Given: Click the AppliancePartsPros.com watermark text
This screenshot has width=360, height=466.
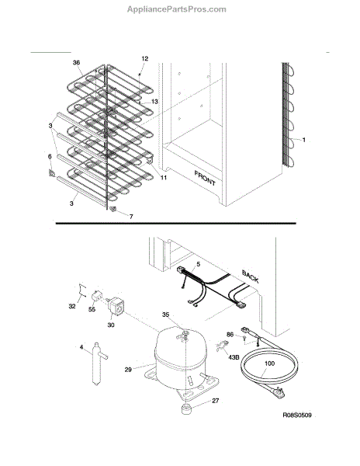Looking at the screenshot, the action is coord(177,9).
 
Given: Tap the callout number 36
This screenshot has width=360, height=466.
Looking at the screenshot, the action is coord(76,63).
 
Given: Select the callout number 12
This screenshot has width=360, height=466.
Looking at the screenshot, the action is coord(145,58).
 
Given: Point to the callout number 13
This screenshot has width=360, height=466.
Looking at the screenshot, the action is coord(154,102).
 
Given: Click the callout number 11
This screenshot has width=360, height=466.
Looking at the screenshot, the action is coord(164,178).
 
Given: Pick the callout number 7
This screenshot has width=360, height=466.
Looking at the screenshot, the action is coord(131,217).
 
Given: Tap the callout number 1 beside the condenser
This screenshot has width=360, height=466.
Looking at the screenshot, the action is coord(303,140).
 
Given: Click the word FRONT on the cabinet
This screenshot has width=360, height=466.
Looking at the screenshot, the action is coord(205,178).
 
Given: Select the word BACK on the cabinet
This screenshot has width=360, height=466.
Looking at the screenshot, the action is coord(250,276).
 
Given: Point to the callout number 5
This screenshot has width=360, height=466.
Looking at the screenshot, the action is coord(199,264).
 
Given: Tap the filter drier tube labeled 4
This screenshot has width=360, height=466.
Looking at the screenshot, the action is coord(97,364).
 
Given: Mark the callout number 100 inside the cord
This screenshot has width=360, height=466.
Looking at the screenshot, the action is coord(269,363).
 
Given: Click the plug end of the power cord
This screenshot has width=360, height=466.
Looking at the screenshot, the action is coord(279,392).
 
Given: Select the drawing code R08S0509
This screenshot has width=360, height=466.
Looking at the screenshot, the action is coord(297,415).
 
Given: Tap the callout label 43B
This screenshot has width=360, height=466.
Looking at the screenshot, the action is coord(234,357).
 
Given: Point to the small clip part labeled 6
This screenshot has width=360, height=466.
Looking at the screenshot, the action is coord(52,172).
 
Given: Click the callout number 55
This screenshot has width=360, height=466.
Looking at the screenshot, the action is coord(92,309).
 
